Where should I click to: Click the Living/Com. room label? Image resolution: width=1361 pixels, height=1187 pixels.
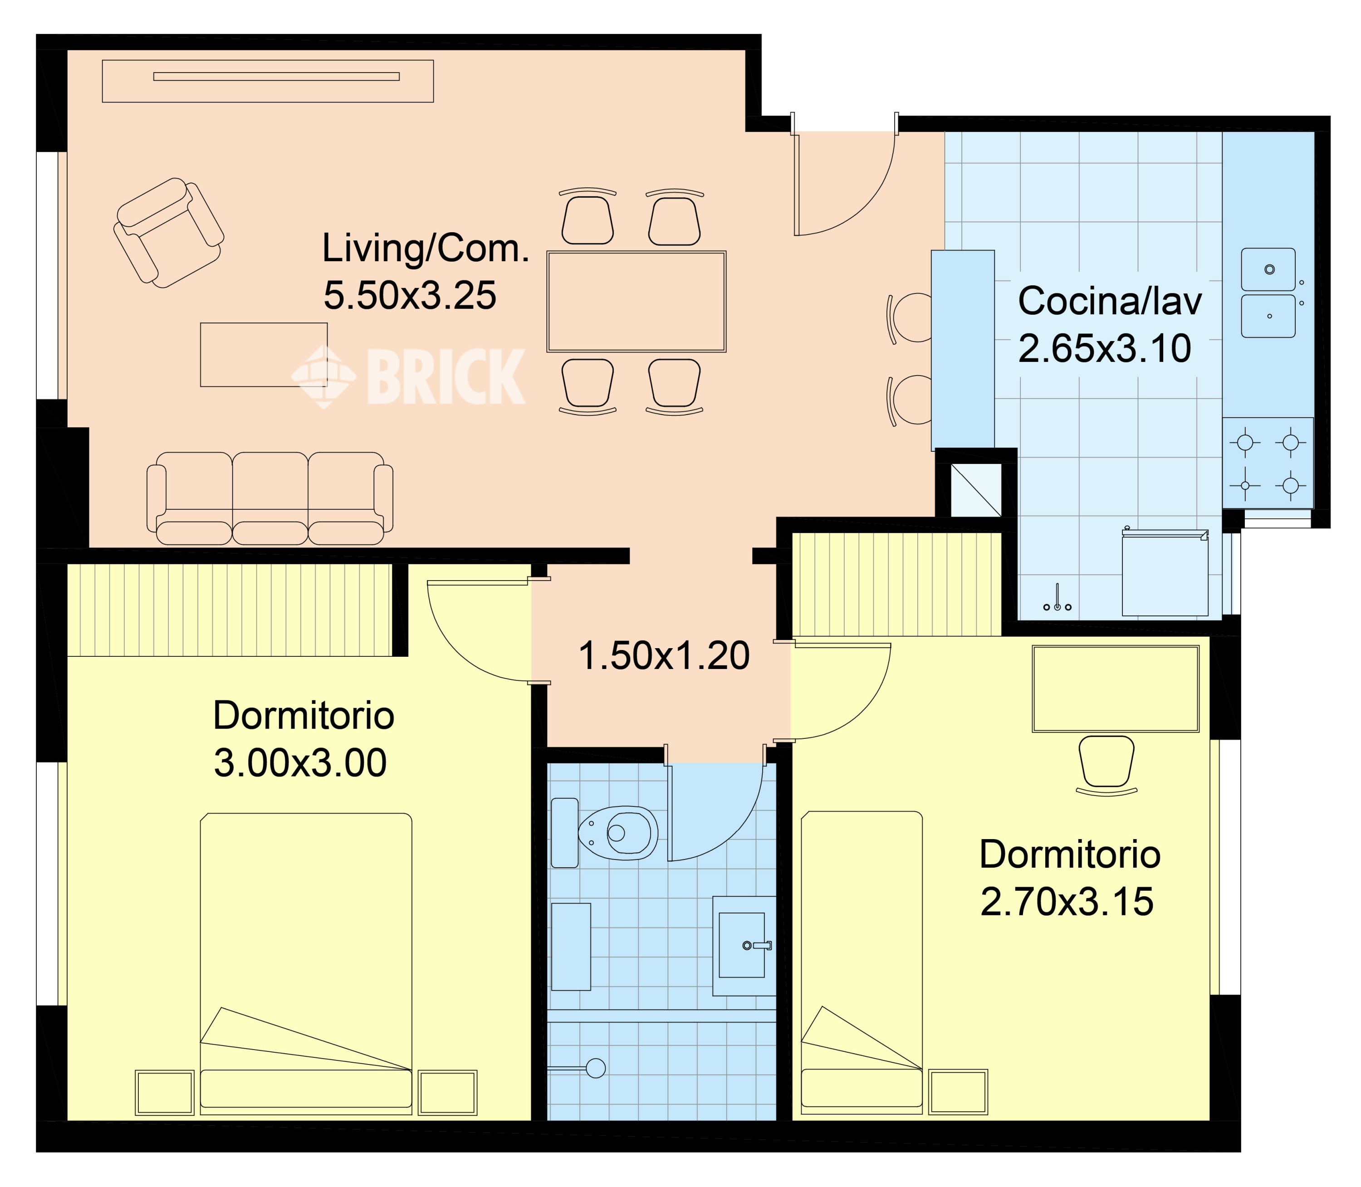(426, 249)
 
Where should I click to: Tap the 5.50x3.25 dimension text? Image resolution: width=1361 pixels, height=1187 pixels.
(410, 295)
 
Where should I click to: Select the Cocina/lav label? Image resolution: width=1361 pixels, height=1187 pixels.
(1110, 301)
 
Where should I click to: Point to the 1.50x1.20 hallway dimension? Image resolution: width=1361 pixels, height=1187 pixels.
(664, 656)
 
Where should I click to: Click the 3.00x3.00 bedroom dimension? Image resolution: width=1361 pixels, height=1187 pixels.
(300, 763)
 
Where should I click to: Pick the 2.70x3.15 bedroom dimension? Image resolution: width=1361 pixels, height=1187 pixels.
(1067, 902)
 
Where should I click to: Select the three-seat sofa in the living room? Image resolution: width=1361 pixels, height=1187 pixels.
(269, 498)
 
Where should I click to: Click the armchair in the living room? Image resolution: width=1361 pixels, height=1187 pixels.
(168, 233)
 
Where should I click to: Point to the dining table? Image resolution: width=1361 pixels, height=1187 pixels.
(636, 301)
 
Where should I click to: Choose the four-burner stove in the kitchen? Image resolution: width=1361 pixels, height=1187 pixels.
(1268, 463)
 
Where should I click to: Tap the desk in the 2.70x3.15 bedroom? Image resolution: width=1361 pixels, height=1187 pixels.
(1116, 689)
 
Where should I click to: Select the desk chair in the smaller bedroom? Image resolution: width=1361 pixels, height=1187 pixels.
(1106, 765)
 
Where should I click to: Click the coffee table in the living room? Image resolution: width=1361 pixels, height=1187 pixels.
(264, 354)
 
